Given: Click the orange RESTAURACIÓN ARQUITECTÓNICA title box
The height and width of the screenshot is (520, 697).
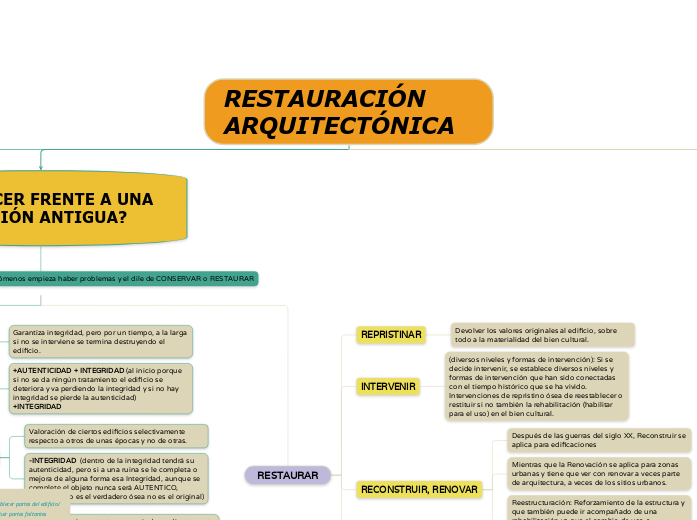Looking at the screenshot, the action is tap(348, 111).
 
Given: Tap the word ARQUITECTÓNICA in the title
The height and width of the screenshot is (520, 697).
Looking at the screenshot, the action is tap(339, 126).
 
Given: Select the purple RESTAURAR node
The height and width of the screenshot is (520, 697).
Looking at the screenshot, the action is tap(288, 475).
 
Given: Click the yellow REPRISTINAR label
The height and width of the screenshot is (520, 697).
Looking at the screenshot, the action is tap(390, 334).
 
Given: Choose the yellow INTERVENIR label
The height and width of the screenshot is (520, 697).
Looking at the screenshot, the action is tap(388, 386).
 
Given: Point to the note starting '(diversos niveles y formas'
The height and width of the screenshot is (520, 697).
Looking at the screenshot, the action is tap(536, 385).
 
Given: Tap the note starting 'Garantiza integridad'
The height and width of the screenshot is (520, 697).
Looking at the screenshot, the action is tap(100, 341).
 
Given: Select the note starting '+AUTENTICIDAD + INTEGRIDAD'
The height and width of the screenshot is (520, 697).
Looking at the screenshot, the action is tap(100, 388).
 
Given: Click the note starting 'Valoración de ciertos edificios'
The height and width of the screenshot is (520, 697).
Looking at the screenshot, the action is tap(116, 436).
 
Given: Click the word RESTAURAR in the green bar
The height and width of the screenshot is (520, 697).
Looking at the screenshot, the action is tap(231, 278).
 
